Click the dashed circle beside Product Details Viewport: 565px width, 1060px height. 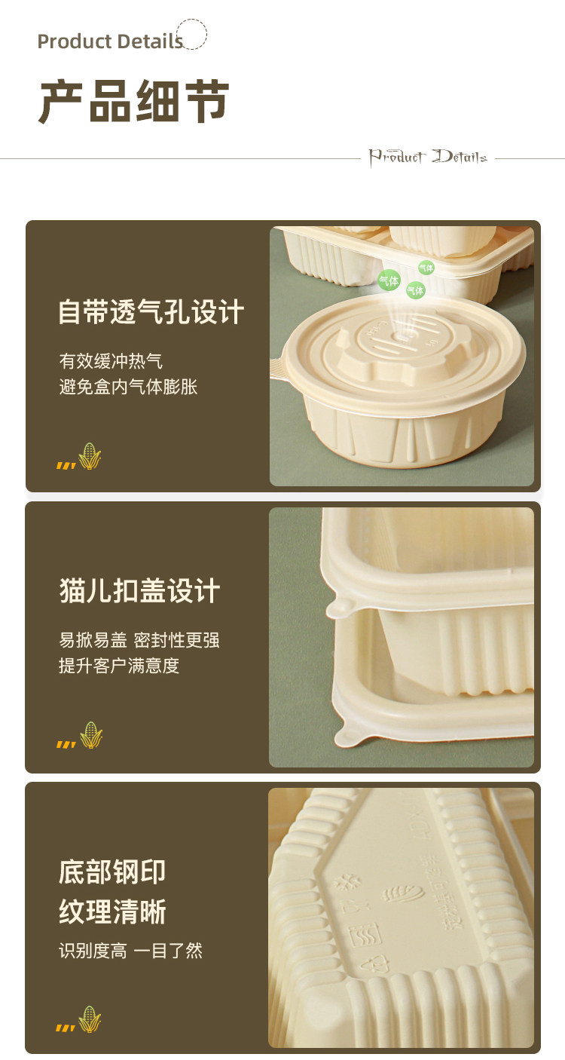pyautogui.click(x=192, y=35)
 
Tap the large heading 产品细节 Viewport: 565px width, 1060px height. pyautogui.click(x=134, y=103)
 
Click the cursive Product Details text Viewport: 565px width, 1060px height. pyautogui.click(x=427, y=157)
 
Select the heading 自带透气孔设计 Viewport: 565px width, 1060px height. pyautogui.click(x=151, y=312)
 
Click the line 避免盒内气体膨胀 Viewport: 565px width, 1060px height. pyautogui.click(x=128, y=387)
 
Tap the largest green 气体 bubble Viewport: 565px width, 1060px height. pyautogui.click(x=389, y=281)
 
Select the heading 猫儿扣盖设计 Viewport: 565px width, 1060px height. pyautogui.click(x=139, y=591)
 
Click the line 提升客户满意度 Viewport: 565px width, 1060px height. pyautogui.click(x=119, y=666)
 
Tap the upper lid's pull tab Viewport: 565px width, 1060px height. pyautogui.click(x=337, y=608)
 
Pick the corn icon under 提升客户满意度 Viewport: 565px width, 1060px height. pyautogui.click(x=91, y=735)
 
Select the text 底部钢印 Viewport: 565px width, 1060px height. pyautogui.click(x=112, y=872)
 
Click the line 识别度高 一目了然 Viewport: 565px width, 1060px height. pyautogui.click(x=130, y=951)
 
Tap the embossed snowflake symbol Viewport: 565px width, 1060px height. pyautogui.click(x=348, y=881)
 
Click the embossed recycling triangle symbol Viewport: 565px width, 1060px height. pyautogui.click(x=374, y=964)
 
